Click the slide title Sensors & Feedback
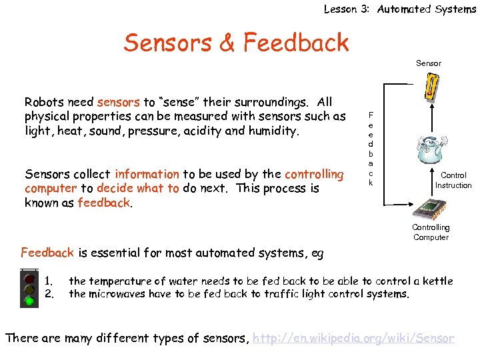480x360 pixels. point(236,43)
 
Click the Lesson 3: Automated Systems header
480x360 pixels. point(399,9)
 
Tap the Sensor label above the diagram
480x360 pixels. point(429,63)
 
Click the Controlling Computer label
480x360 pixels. point(431,232)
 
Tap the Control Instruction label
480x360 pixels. point(453,180)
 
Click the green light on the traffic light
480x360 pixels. point(29,300)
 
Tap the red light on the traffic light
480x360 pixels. point(29,275)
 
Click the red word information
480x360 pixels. point(147,174)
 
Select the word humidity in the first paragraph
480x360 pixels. point(274,131)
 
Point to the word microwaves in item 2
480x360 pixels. point(118,294)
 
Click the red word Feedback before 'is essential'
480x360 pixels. point(47,253)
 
